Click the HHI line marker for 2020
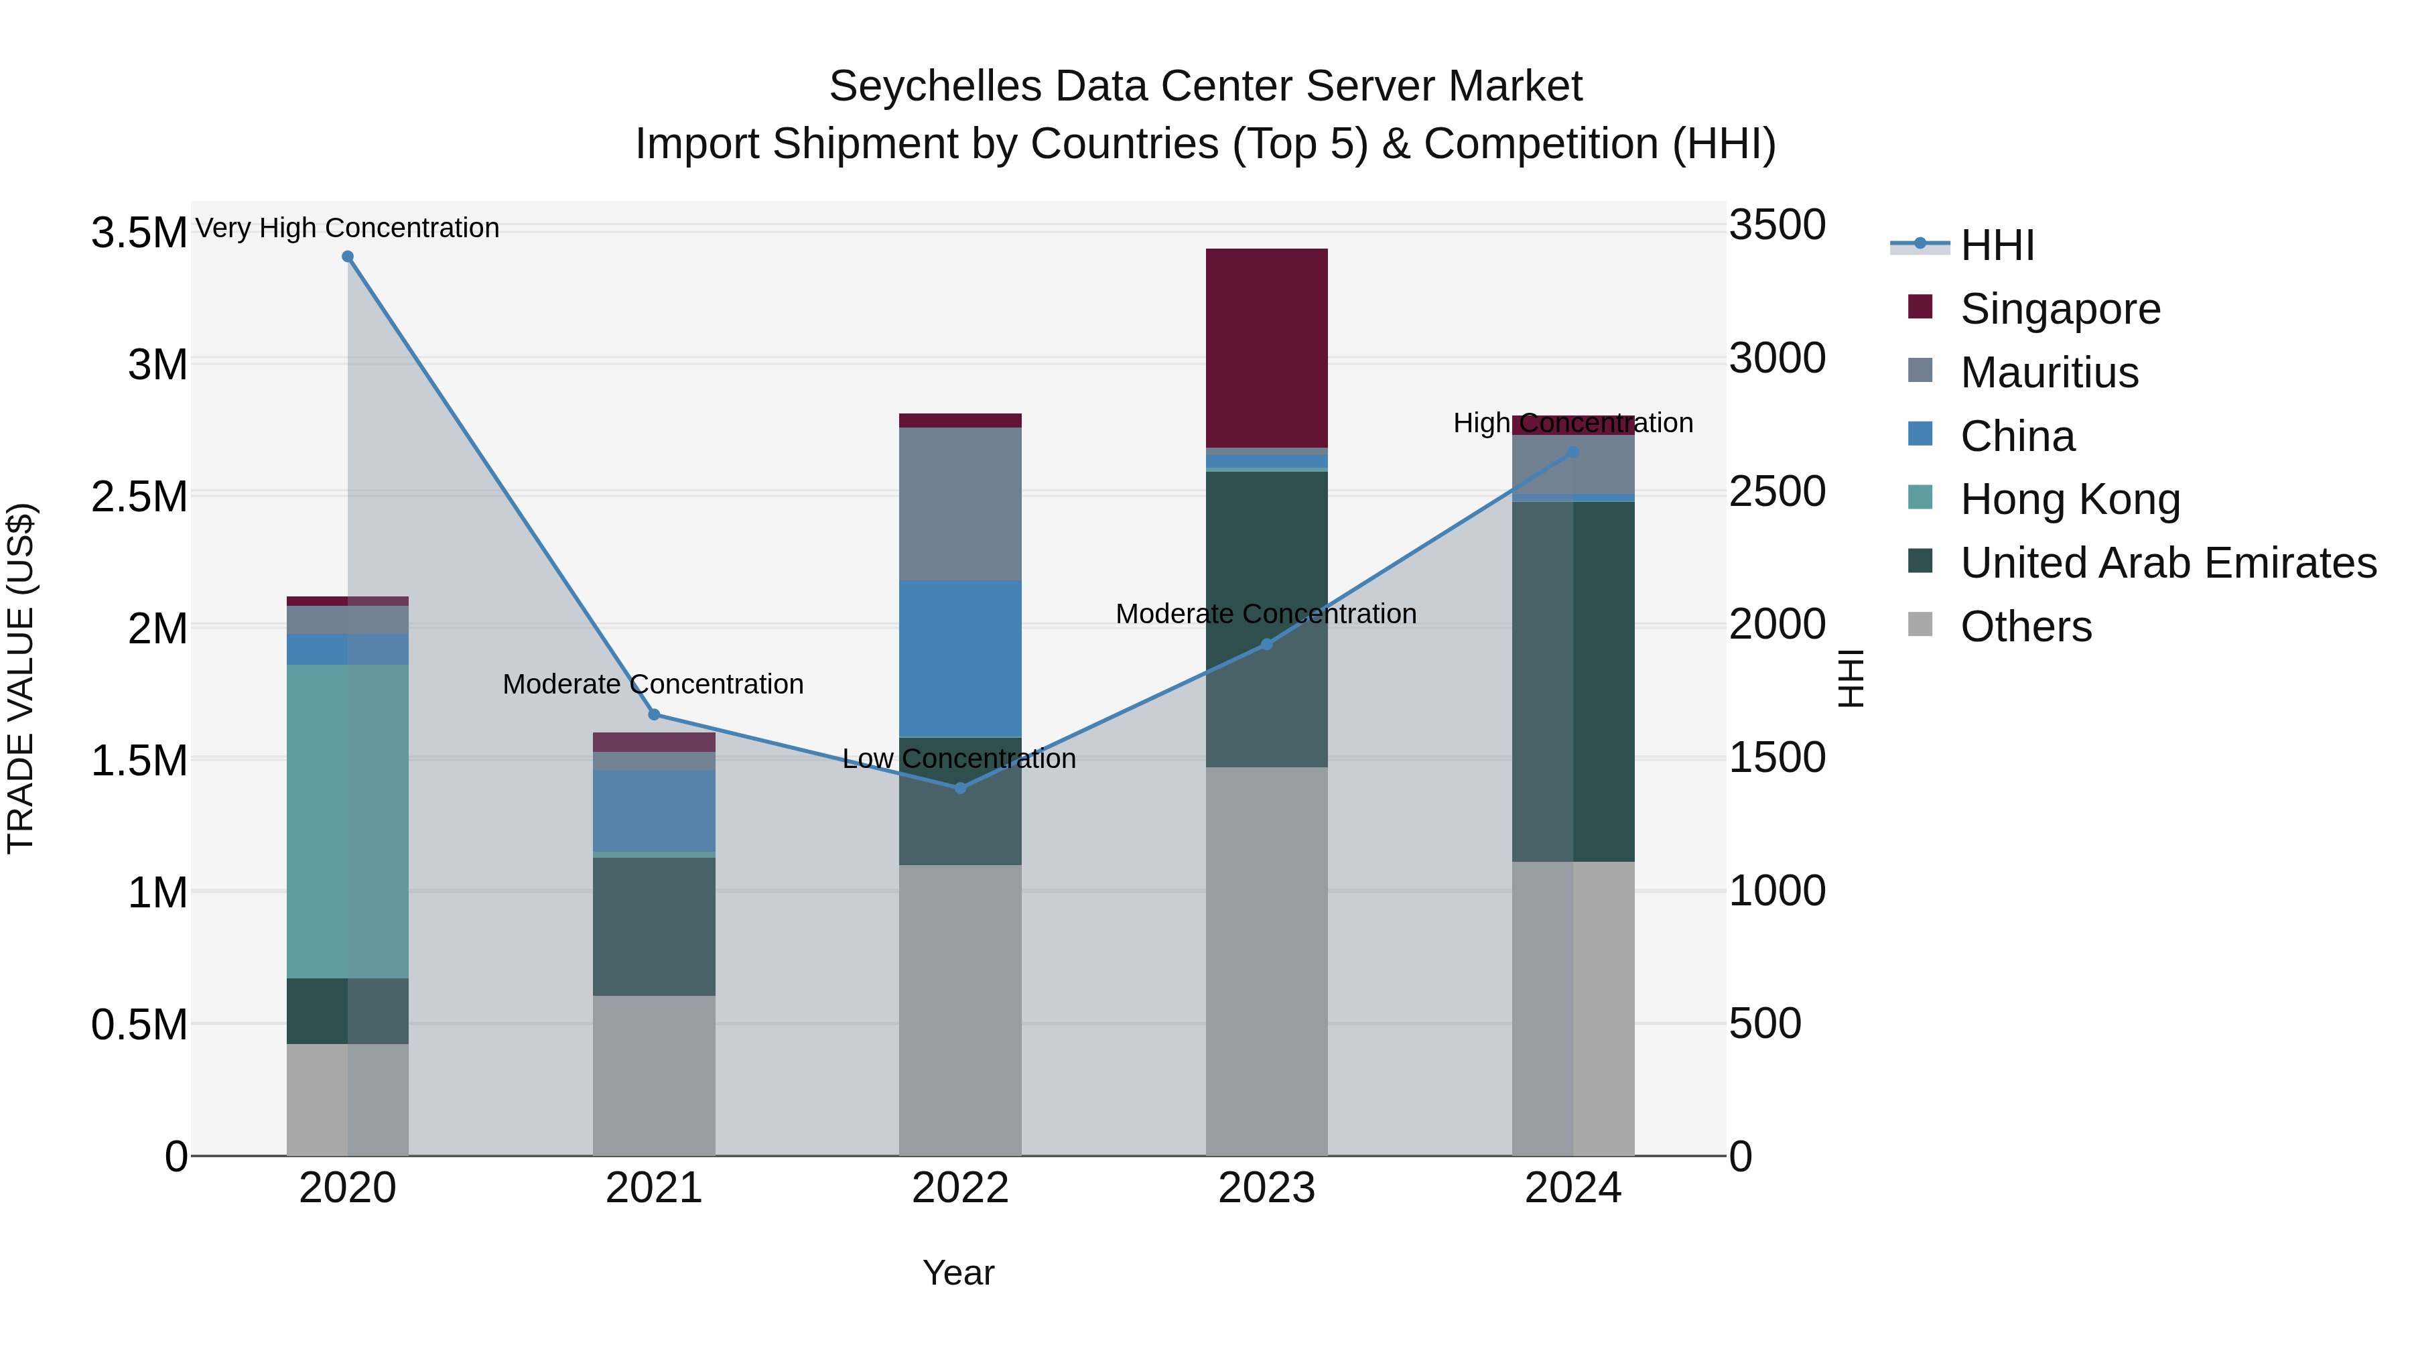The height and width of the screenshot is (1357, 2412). point(347,257)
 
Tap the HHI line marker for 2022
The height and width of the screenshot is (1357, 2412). point(959,789)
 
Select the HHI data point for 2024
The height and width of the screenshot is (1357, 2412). point(1573,452)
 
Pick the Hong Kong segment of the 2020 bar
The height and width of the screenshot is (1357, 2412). point(347,822)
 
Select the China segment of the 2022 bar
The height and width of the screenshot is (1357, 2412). point(959,658)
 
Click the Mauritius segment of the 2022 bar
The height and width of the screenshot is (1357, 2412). point(959,504)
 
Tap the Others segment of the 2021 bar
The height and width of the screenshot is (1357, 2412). point(653,1075)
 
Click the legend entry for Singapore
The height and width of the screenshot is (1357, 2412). point(2060,309)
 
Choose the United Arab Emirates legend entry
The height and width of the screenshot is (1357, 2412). point(2167,563)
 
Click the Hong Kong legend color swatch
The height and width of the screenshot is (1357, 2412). point(1920,497)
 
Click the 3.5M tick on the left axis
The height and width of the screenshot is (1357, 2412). point(139,233)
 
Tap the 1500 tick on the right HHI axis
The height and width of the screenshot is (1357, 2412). point(1776,758)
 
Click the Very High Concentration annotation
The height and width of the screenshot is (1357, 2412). point(347,228)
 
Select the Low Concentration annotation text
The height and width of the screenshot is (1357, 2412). point(959,759)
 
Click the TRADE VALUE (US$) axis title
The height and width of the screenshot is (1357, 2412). point(21,678)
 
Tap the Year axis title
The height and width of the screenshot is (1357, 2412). point(958,1273)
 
